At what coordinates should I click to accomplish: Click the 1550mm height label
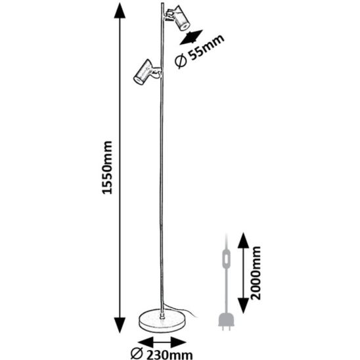click(107, 168)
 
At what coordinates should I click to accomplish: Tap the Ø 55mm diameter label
click(199, 51)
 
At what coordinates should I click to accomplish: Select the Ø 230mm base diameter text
click(162, 354)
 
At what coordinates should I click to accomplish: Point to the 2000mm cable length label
click(256, 273)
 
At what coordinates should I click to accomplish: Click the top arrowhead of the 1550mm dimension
click(120, 11)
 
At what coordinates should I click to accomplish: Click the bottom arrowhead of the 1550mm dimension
click(120, 325)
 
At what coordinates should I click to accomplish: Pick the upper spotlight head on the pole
click(180, 18)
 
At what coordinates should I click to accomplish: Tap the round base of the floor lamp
click(162, 321)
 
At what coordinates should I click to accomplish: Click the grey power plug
click(227, 321)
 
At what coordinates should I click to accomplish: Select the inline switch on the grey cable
click(227, 259)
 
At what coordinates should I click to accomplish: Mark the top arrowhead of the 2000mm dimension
click(243, 240)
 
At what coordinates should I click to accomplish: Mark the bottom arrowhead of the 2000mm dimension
click(243, 305)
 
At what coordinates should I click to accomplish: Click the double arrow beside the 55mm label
click(191, 37)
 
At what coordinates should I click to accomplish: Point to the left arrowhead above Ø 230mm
click(145, 343)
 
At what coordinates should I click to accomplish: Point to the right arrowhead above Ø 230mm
click(179, 343)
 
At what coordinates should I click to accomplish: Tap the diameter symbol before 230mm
click(137, 354)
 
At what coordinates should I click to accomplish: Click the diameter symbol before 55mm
click(180, 62)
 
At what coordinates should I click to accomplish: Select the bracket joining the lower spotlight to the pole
click(156, 72)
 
